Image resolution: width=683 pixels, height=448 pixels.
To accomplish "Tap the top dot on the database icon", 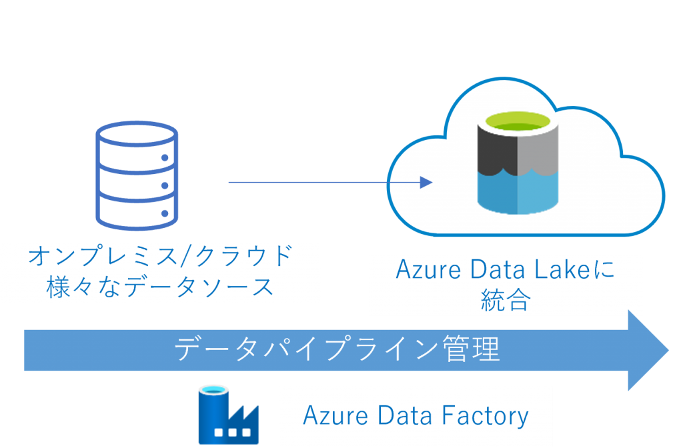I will click(164, 158).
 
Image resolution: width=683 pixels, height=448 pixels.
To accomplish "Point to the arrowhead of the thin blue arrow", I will click(427, 182).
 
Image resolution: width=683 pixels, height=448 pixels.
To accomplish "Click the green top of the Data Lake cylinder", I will click(518, 123).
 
